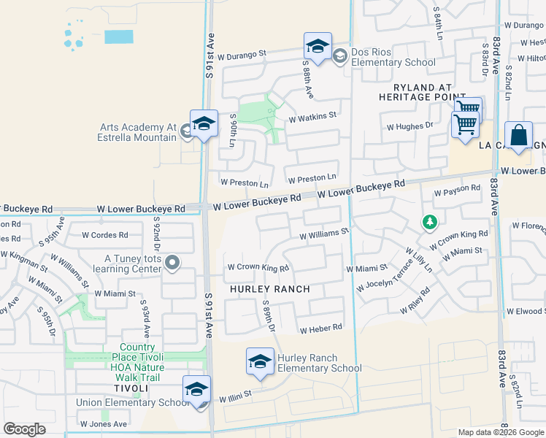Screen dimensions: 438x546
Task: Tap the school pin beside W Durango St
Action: click(318, 47)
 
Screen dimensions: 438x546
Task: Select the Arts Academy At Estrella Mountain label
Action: click(139, 131)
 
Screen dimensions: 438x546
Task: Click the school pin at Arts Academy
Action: click(204, 124)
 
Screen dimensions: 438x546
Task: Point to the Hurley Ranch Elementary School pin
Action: click(261, 363)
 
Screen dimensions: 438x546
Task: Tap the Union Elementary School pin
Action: click(196, 391)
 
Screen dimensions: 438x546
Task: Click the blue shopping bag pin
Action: click(518, 136)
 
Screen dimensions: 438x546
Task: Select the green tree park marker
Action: click(430, 221)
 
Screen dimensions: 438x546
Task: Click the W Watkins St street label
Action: click(312, 116)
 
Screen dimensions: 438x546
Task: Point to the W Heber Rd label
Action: click(320, 328)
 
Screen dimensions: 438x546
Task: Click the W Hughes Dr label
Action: click(409, 126)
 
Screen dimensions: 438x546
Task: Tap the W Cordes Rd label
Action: click(104, 235)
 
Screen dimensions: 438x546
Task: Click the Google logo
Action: click(24, 429)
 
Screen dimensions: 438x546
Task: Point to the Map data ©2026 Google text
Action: click(500, 432)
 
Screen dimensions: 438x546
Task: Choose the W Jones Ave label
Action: click(104, 424)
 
